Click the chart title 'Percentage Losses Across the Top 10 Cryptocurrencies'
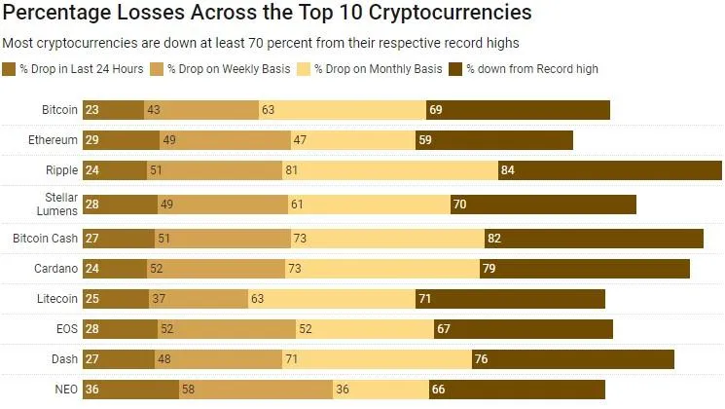click(x=267, y=14)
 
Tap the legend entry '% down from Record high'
click(x=531, y=69)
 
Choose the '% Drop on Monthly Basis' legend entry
click(x=378, y=69)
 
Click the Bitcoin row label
click(x=59, y=110)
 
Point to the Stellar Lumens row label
click(x=61, y=204)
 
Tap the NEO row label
click(x=65, y=390)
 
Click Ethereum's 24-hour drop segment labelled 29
click(x=121, y=140)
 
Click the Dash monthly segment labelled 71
click(x=377, y=359)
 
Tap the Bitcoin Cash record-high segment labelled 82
click(x=594, y=237)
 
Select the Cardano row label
click(x=56, y=267)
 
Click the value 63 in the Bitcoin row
click(x=269, y=110)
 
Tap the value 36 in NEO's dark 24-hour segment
click(x=92, y=390)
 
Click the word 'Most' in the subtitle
click(x=18, y=44)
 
